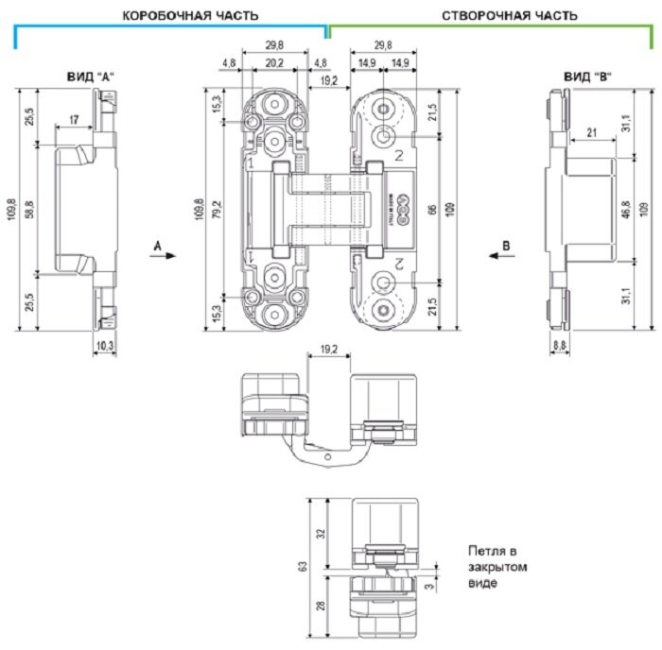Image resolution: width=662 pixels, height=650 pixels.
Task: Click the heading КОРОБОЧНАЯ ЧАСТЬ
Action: (x=190, y=15)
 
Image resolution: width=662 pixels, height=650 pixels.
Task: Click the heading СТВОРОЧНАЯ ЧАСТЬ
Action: (x=502, y=15)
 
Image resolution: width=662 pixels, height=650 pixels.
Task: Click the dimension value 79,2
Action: (x=217, y=208)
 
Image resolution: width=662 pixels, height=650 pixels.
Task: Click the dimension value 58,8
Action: (x=28, y=209)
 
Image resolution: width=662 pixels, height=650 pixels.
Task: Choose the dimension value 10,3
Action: (x=104, y=347)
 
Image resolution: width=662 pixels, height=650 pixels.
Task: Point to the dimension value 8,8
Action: (x=560, y=347)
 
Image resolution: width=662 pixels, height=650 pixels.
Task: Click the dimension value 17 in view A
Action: (x=74, y=120)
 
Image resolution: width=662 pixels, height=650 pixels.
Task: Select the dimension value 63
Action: (x=303, y=568)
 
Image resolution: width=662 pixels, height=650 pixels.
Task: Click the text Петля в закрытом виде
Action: (x=496, y=566)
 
